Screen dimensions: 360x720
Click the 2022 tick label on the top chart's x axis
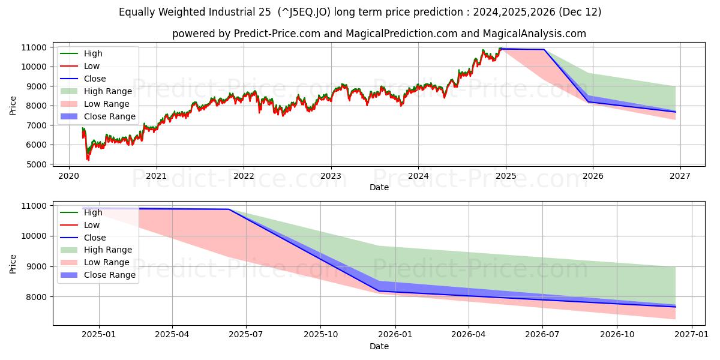(244, 176)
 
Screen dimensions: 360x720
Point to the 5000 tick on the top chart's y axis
(35, 164)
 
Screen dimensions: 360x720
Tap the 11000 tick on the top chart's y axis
(33, 47)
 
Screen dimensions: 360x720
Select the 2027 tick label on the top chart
(680, 176)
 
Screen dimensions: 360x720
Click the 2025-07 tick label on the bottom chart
(247, 336)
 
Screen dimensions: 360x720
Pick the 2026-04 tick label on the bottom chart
(469, 336)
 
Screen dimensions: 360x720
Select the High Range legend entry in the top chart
(107, 91)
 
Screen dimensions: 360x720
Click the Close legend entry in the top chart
(95, 79)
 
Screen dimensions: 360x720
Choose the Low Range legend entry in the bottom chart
(106, 262)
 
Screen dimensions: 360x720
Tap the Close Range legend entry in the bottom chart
(109, 275)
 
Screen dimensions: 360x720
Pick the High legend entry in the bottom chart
(93, 212)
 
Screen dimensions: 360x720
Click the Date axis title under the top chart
(379, 187)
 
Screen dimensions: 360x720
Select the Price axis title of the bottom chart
(13, 263)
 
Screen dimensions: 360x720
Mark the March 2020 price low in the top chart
(88, 160)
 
